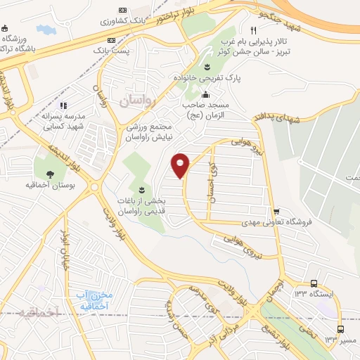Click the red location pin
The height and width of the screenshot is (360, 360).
coord(181,165)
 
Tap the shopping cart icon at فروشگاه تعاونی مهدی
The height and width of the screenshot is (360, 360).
coord(277,211)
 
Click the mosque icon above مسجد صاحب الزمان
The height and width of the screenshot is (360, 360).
coord(205,94)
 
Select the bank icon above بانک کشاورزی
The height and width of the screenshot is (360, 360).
coord(123,11)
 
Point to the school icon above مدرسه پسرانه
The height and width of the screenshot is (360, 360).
coord(63,106)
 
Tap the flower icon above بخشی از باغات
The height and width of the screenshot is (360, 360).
coord(142,190)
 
